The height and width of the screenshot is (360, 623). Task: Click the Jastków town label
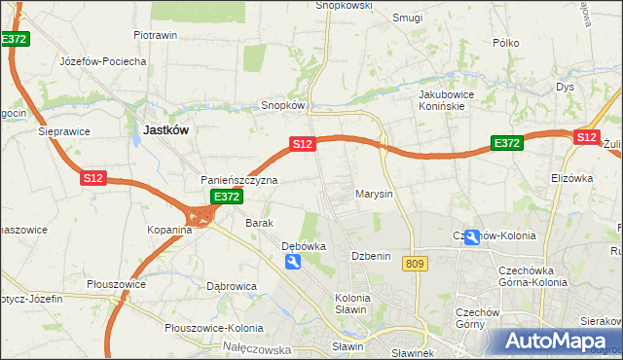165,128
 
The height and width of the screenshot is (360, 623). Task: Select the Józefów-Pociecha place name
102,60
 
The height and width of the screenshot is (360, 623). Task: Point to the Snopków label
284,105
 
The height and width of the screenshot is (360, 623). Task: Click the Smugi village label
407,17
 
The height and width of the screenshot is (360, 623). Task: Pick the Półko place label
506,43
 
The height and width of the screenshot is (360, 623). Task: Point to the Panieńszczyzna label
239,180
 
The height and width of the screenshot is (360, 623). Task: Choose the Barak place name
259,223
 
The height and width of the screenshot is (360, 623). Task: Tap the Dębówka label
303,247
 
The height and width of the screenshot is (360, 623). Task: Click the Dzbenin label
371,256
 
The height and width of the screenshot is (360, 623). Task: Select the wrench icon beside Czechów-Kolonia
472,236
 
